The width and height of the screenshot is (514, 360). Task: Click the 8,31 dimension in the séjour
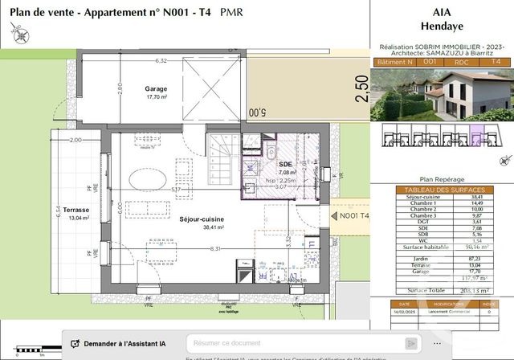point(194,249)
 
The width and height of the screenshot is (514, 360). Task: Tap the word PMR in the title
point(230,13)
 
